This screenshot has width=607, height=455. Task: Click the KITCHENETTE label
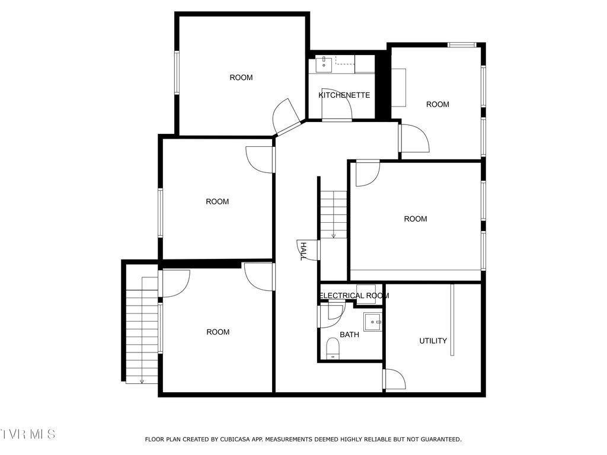coord(344,95)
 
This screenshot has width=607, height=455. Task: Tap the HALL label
coord(302,251)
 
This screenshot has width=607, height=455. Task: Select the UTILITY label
coord(433,341)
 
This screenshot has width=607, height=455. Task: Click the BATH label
coord(349,335)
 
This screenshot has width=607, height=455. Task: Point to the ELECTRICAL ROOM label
coord(354,296)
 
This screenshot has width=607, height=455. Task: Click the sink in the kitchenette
coord(324,65)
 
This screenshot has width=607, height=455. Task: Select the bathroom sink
coord(373,322)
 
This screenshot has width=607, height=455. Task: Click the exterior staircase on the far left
coord(142,332)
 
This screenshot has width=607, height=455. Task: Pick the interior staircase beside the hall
coord(333,213)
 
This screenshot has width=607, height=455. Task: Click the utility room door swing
coord(394,379)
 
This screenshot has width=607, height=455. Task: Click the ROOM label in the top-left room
coord(241,78)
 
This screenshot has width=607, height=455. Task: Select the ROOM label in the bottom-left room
coord(218,332)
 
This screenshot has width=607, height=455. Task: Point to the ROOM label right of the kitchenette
coord(437,105)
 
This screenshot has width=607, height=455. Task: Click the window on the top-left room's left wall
coord(177,72)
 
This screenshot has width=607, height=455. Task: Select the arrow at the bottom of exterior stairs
coord(142,380)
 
